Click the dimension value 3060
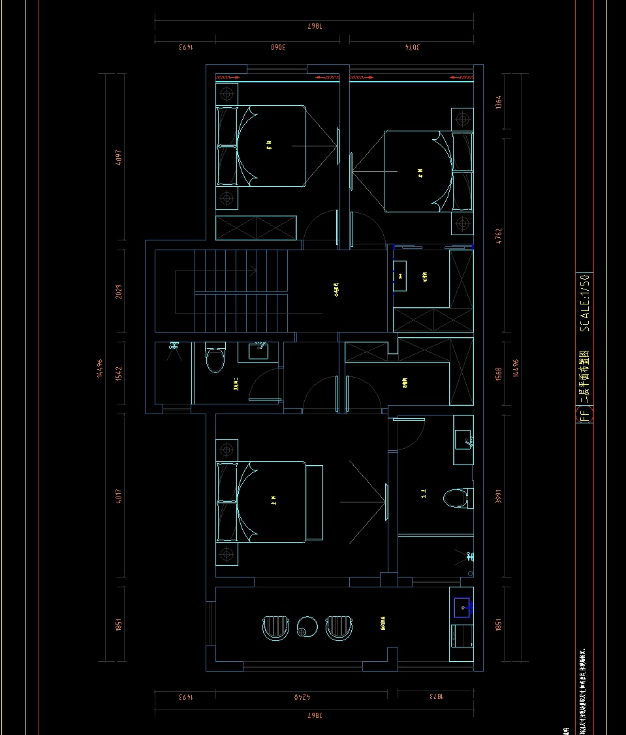(x=279, y=47)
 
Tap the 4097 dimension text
(x=119, y=158)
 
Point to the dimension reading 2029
(x=119, y=295)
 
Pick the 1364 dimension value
(x=499, y=102)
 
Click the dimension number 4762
(x=499, y=236)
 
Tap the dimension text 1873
(x=435, y=697)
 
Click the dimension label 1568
(x=499, y=374)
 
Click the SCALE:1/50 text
(x=585, y=302)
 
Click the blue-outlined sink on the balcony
(x=463, y=608)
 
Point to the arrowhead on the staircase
(x=252, y=269)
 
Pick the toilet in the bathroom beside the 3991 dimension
(x=456, y=498)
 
